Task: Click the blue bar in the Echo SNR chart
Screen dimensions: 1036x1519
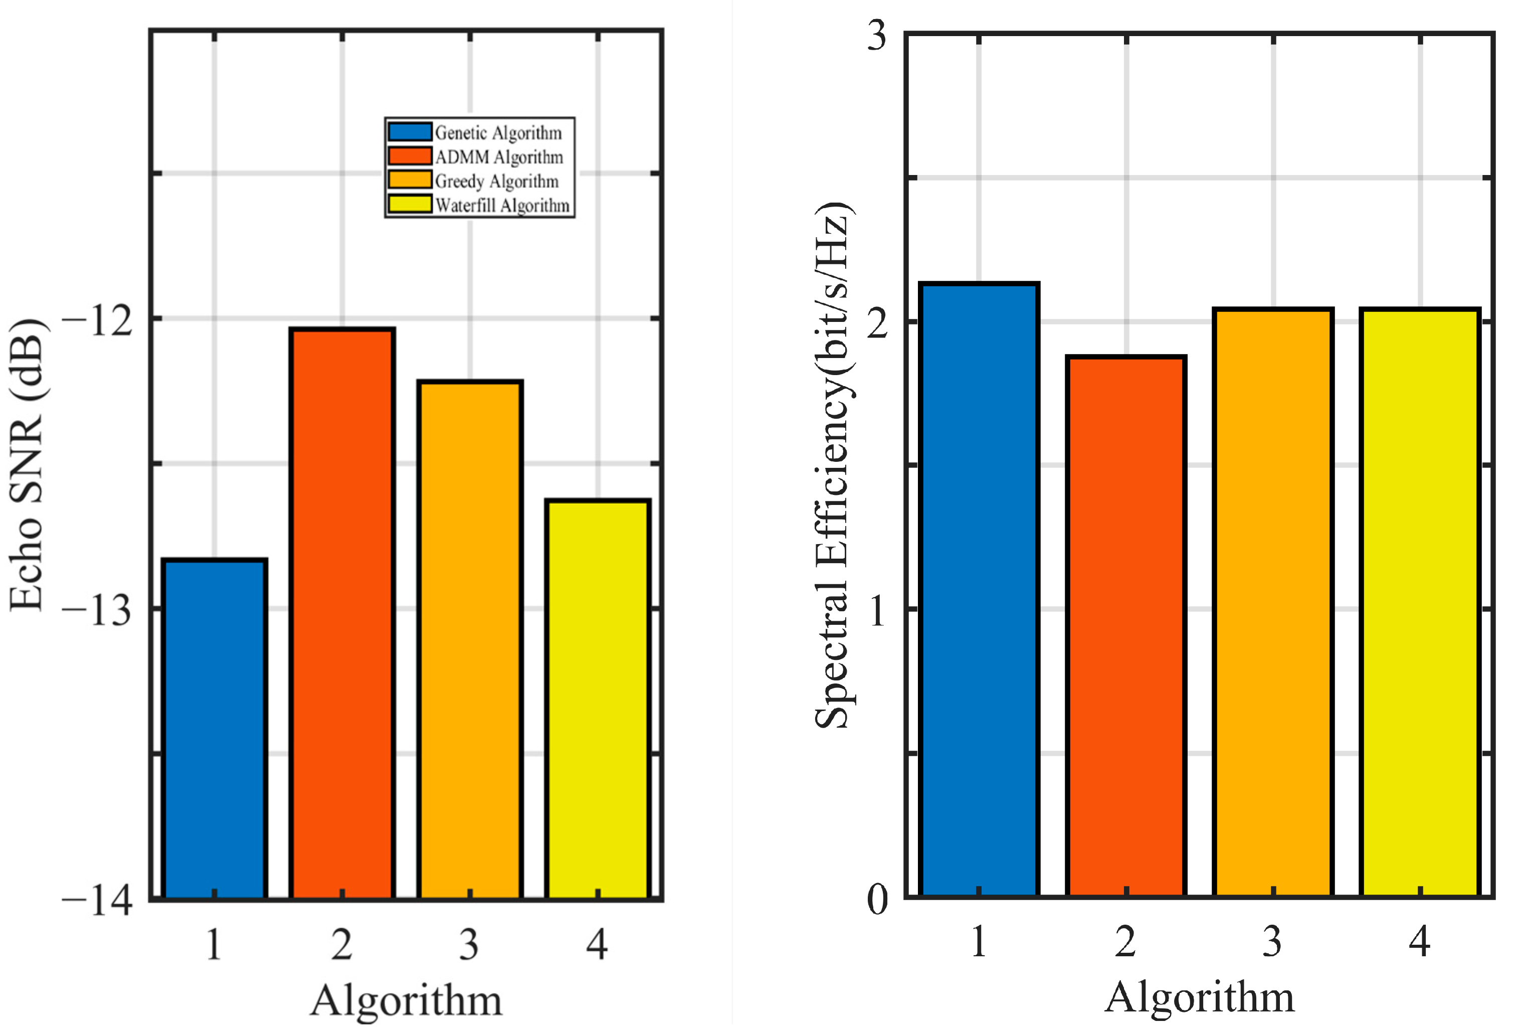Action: click(215, 729)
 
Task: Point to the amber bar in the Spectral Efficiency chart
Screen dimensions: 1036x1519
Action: click(1272, 602)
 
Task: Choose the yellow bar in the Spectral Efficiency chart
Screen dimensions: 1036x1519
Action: click(1420, 602)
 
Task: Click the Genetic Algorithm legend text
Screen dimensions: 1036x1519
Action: click(498, 133)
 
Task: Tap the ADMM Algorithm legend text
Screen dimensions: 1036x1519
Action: click(499, 157)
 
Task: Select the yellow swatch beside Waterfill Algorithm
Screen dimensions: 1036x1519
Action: click(410, 205)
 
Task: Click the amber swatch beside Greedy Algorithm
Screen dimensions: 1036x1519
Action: click(410, 180)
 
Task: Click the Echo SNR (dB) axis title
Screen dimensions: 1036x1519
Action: click(28, 465)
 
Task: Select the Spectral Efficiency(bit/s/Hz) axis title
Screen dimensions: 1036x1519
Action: click(833, 465)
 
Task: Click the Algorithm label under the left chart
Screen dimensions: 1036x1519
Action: click(406, 1000)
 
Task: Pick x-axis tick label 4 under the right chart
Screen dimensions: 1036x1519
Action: click(1420, 942)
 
